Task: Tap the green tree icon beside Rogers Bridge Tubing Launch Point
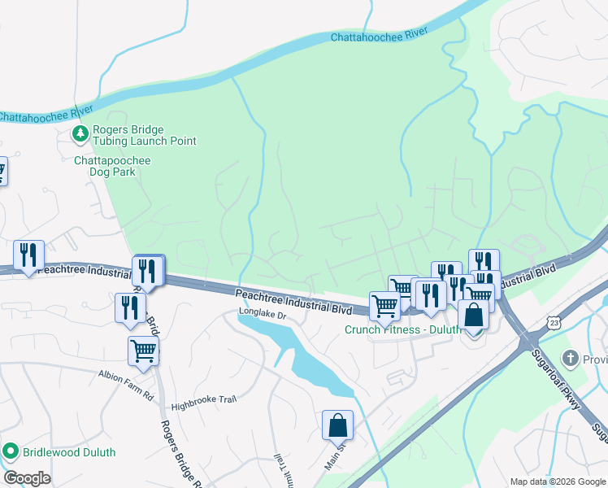pyautogui.click(x=80, y=133)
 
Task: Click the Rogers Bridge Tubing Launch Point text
pyautogui.click(x=145, y=135)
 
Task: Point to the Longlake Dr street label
pyautogui.click(x=263, y=314)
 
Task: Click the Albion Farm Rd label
pyautogui.click(x=126, y=376)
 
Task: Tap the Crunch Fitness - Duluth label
pyautogui.click(x=402, y=330)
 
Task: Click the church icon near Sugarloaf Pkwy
pyautogui.click(x=571, y=359)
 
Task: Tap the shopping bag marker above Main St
pyautogui.click(x=337, y=425)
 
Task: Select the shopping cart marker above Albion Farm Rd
pyautogui.click(x=143, y=351)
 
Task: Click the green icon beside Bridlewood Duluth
pyautogui.click(x=11, y=451)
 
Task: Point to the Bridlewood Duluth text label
pyautogui.click(x=68, y=452)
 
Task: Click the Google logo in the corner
pyautogui.click(x=28, y=477)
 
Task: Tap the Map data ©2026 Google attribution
pyautogui.click(x=557, y=481)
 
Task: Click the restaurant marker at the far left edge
pyautogui.click(x=28, y=255)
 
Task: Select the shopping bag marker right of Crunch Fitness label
pyautogui.click(x=473, y=316)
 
